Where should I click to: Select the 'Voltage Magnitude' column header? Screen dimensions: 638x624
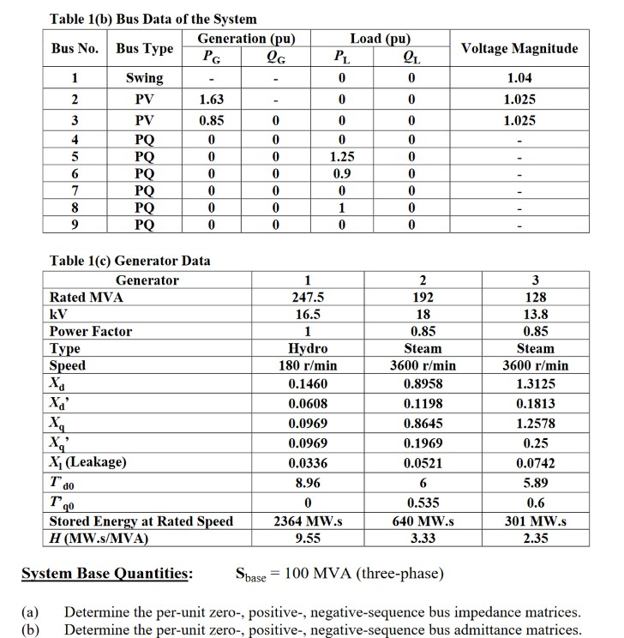coord(519,48)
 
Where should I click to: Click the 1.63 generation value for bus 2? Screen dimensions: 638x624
coord(212,99)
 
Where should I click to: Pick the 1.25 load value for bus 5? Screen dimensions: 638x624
coord(343,158)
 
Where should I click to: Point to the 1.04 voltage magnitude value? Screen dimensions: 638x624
coord(520,78)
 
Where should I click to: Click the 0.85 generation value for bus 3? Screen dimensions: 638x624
coord(212,120)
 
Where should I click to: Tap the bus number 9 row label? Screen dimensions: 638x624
coord(75,225)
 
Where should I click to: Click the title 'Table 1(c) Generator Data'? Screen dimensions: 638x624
coord(129,261)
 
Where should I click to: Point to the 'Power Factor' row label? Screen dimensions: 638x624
coord(91,331)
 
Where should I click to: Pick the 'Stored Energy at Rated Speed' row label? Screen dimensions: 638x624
coord(141,521)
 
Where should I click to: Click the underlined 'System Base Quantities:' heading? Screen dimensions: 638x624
coord(107,574)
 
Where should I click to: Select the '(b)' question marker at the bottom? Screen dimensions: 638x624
coord(31,629)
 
